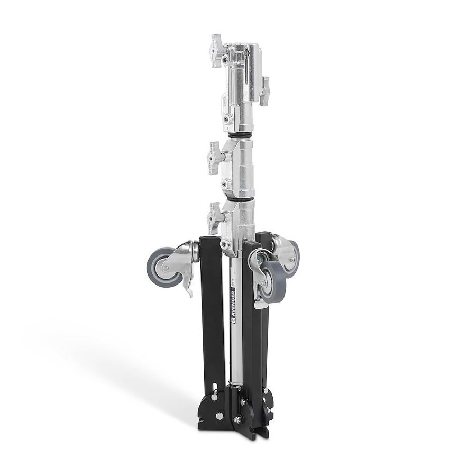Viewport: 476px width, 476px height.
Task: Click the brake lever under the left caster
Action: [x=187, y=288]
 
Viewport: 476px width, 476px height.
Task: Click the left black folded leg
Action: [x=210, y=317]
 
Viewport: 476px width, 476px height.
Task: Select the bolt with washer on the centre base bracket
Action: [x=239, y=420]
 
